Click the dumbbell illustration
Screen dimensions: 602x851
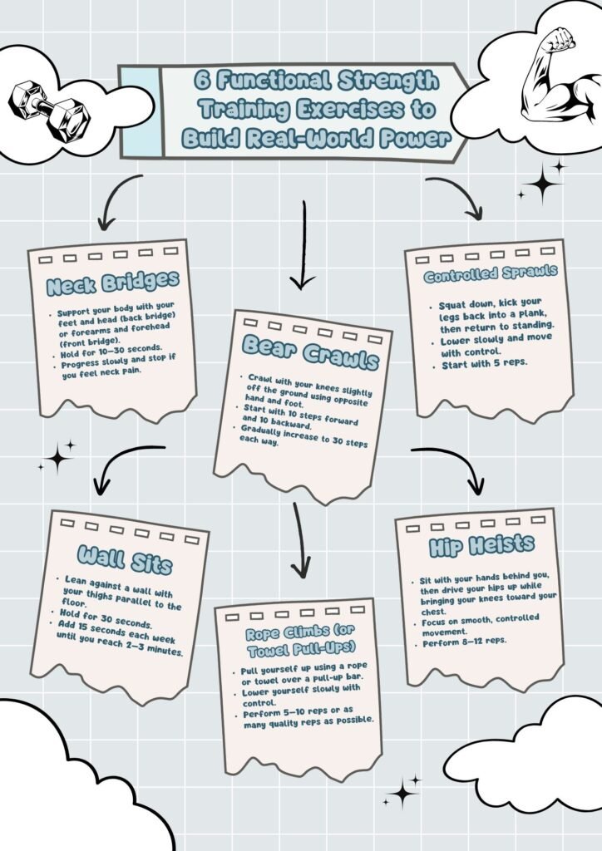click(48, 111)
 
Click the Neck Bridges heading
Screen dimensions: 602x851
click(112, 283)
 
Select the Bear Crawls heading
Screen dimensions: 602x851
click(310, 352)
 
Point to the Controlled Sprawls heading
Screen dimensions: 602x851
click(491, 273)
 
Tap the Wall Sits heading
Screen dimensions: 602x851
click(125, 559)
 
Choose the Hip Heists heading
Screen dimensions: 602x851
click(481, 546)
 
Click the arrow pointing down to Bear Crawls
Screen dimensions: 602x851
click(303, 245)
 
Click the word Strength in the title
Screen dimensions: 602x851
click(388, 81)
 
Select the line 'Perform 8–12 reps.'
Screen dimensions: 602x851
click(464, 642)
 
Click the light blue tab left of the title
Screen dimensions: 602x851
click(141, 112)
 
